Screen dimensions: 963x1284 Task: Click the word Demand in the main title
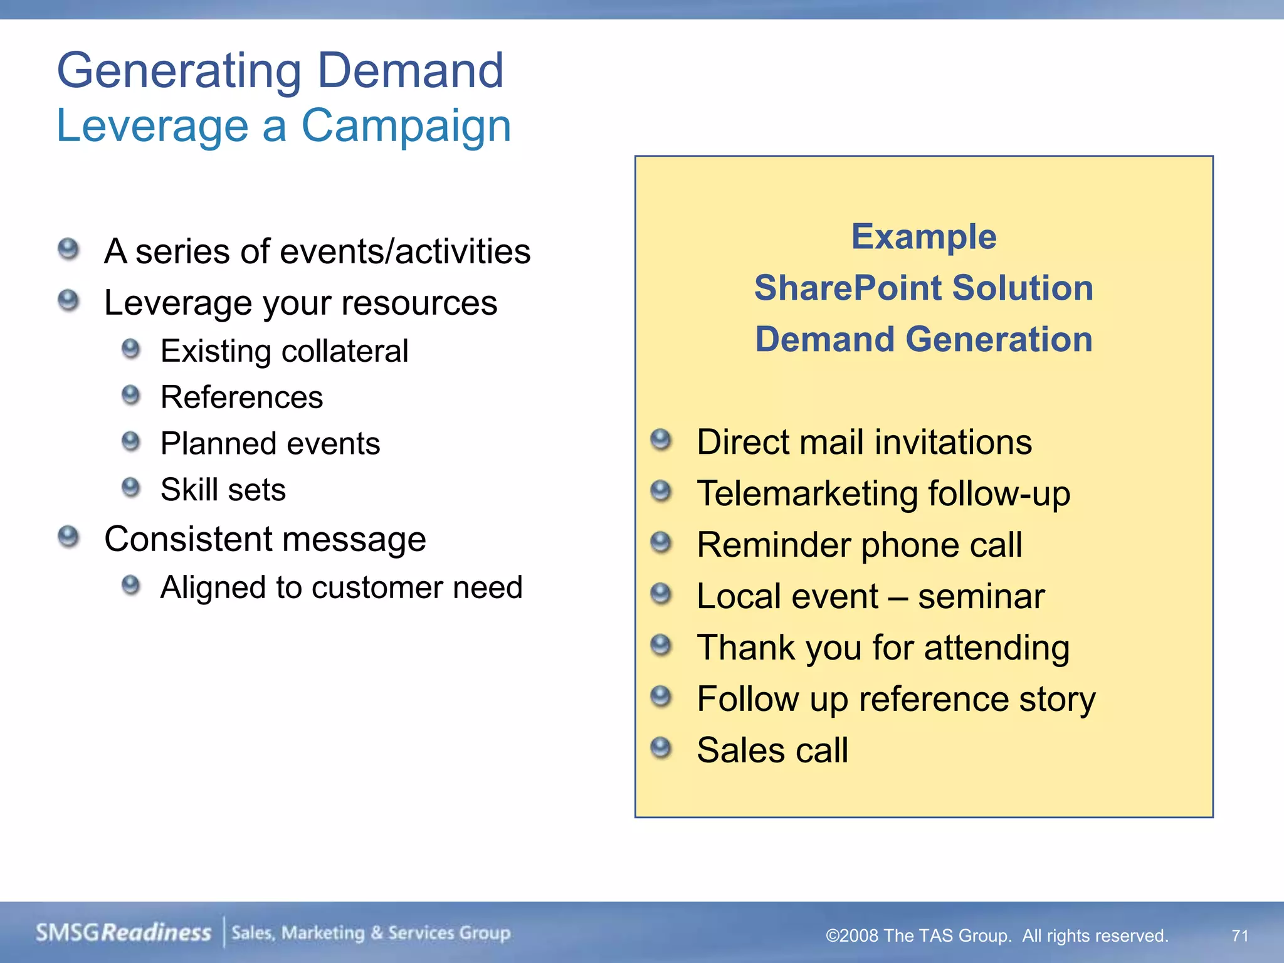[x=411, y=70]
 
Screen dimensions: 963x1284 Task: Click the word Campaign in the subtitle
[x=406, y=126]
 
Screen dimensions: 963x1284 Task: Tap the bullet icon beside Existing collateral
[x=130, y=349]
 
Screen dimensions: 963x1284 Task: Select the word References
[x=241, y=397]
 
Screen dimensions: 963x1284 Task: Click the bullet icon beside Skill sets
[x=130, y=487]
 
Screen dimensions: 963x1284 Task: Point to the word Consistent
[x=189, y=539]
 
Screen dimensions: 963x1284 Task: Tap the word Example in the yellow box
[x=924, y=237]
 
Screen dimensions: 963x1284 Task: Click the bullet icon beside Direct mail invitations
[x=661, y=439]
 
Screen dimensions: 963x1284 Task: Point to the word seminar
[x=981, y=596]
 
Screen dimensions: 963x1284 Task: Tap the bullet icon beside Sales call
[x=661, y=747]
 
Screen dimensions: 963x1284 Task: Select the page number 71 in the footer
[x=1239, y=935]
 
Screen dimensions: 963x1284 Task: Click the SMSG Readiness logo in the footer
[x=124, y=933]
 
